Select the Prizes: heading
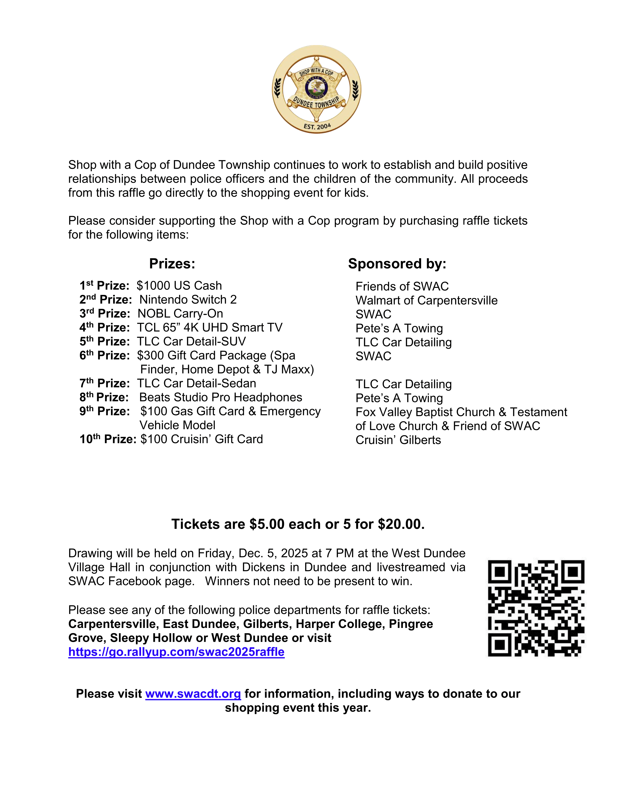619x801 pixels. [x=172, y=264]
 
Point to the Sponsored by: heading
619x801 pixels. [x=397, y=264]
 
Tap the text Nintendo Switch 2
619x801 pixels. [x=188, y=300]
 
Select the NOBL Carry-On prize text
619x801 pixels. [x=180, y=314]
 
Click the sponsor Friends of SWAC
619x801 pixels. [x=402, y=286]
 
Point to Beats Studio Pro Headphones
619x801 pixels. [x=220, y=397]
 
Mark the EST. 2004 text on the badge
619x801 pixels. [x=317, y=126]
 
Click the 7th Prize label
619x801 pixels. [x=105, y=383]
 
